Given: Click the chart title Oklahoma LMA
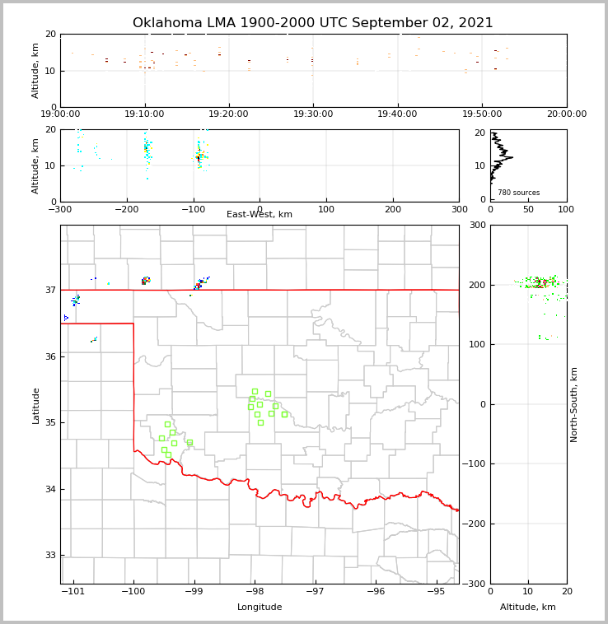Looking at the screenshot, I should (x=312, y=23).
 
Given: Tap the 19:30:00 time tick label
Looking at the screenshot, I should (x=313, y=114).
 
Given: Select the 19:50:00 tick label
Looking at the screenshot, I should (x=482, y=114).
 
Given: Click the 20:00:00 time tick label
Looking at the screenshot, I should (x=567, y=114).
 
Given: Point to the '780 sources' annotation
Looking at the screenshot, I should (x=518, y=193).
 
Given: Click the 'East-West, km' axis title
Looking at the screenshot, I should (x=260, y=215).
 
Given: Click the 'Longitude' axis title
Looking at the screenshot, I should (x=260, y=608).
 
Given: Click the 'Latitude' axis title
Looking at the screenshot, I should (x=36, y=405).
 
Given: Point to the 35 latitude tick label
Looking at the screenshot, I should (x=50, y=423).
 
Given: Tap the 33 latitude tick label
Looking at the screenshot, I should (x=50, y=556).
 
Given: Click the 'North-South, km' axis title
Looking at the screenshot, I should (x=574, y=405).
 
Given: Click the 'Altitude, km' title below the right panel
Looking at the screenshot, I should (x=528, y=608).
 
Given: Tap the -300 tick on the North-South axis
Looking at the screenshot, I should (x=475, y=584).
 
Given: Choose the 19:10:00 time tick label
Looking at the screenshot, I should (x=144, y=114).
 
